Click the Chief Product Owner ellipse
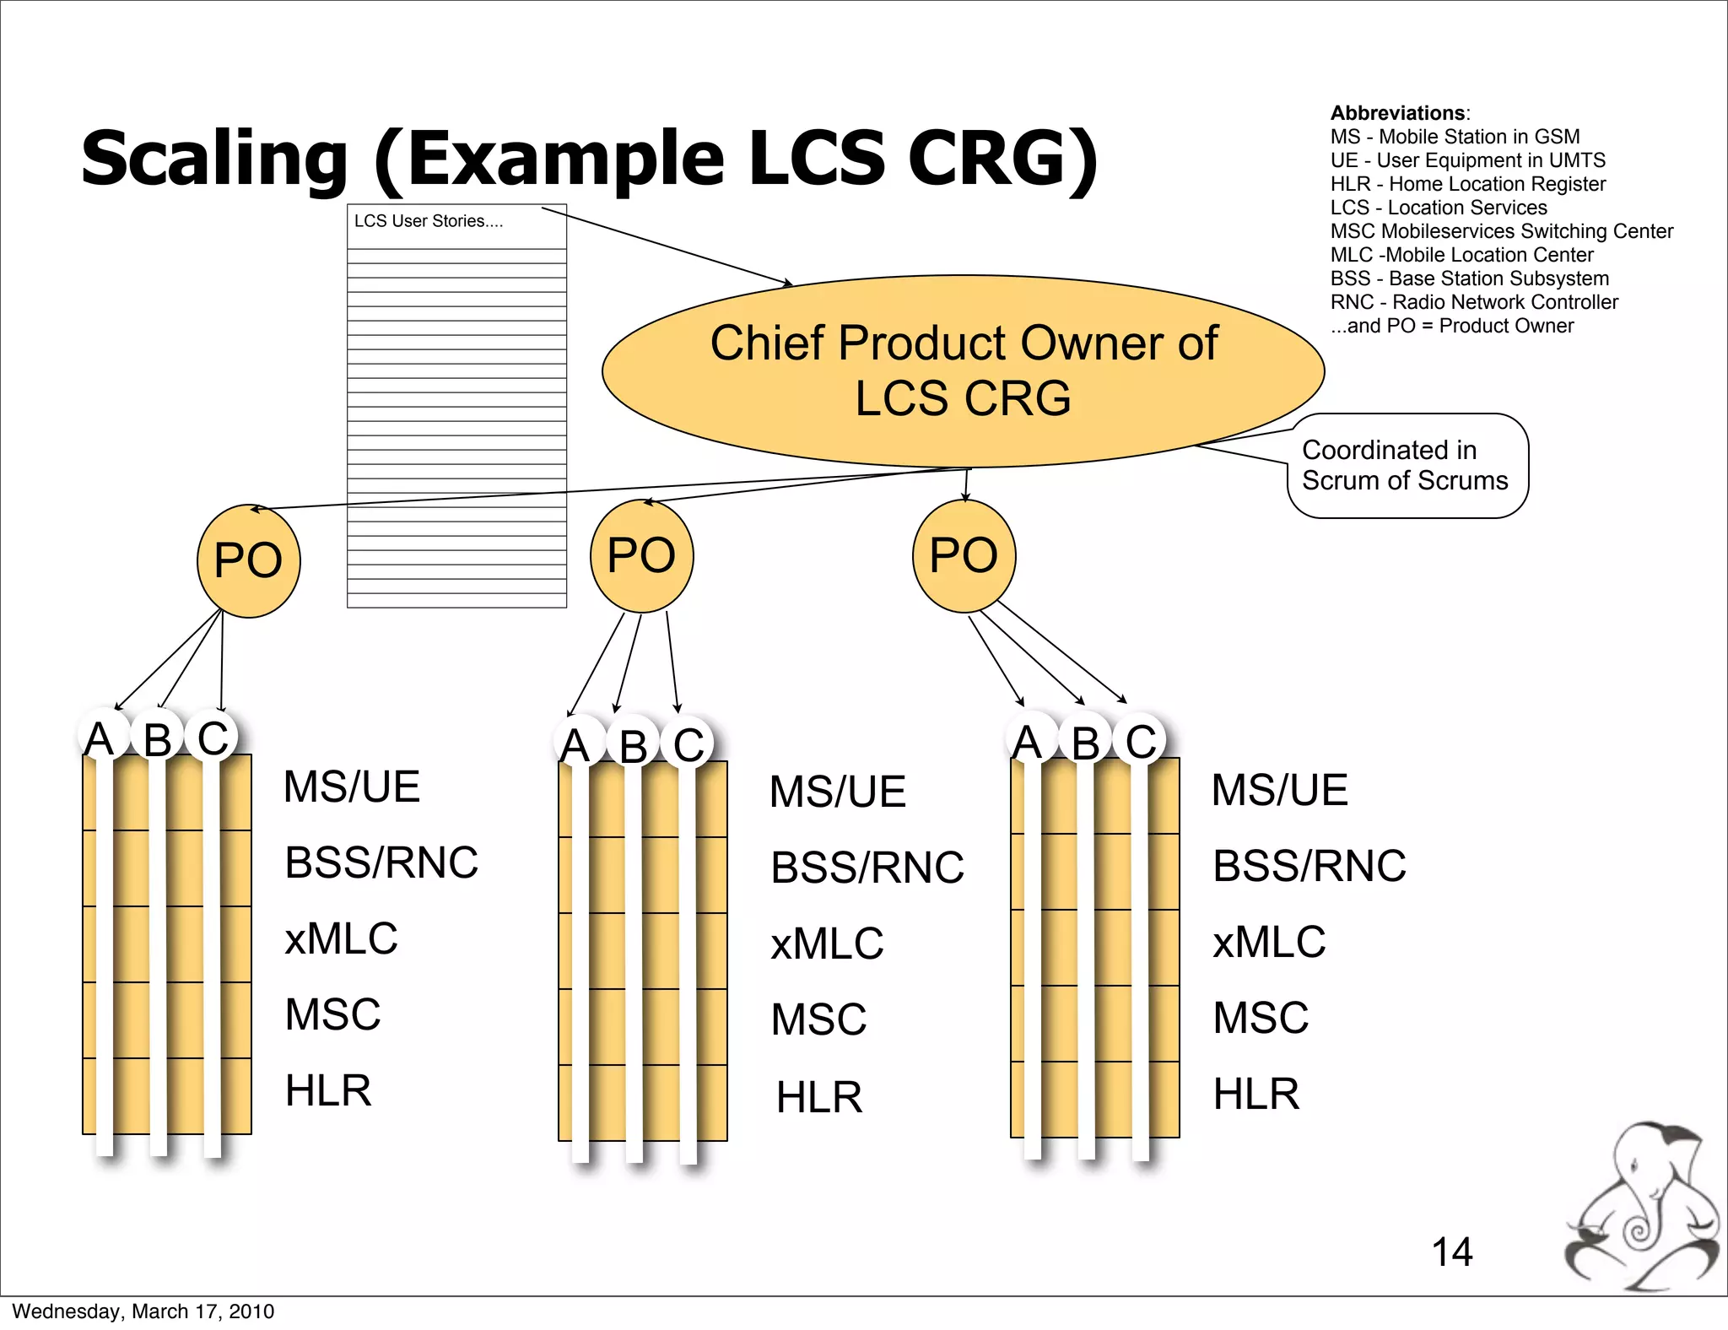coord(963,371)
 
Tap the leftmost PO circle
coord(248,560)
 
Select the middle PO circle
coord(641,555)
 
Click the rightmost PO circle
coord(964,555)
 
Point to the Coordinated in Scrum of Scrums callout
coord(1407,466)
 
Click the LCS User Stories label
coord(428,221)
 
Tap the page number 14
coord(1452,1252)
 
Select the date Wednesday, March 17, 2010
coord(143,1311)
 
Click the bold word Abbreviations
coord(1398,113)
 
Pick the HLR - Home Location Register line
coord(1467,184)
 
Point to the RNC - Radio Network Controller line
coord(1474,302)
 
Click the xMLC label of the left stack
coord(341,938)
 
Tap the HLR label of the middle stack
coord(819,1097)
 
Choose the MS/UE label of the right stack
coord(1279,790)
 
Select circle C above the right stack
coord(1140,741)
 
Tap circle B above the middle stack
coord(633,745)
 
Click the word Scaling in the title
coord(214,159)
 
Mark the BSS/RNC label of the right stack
coord(1309,866)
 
